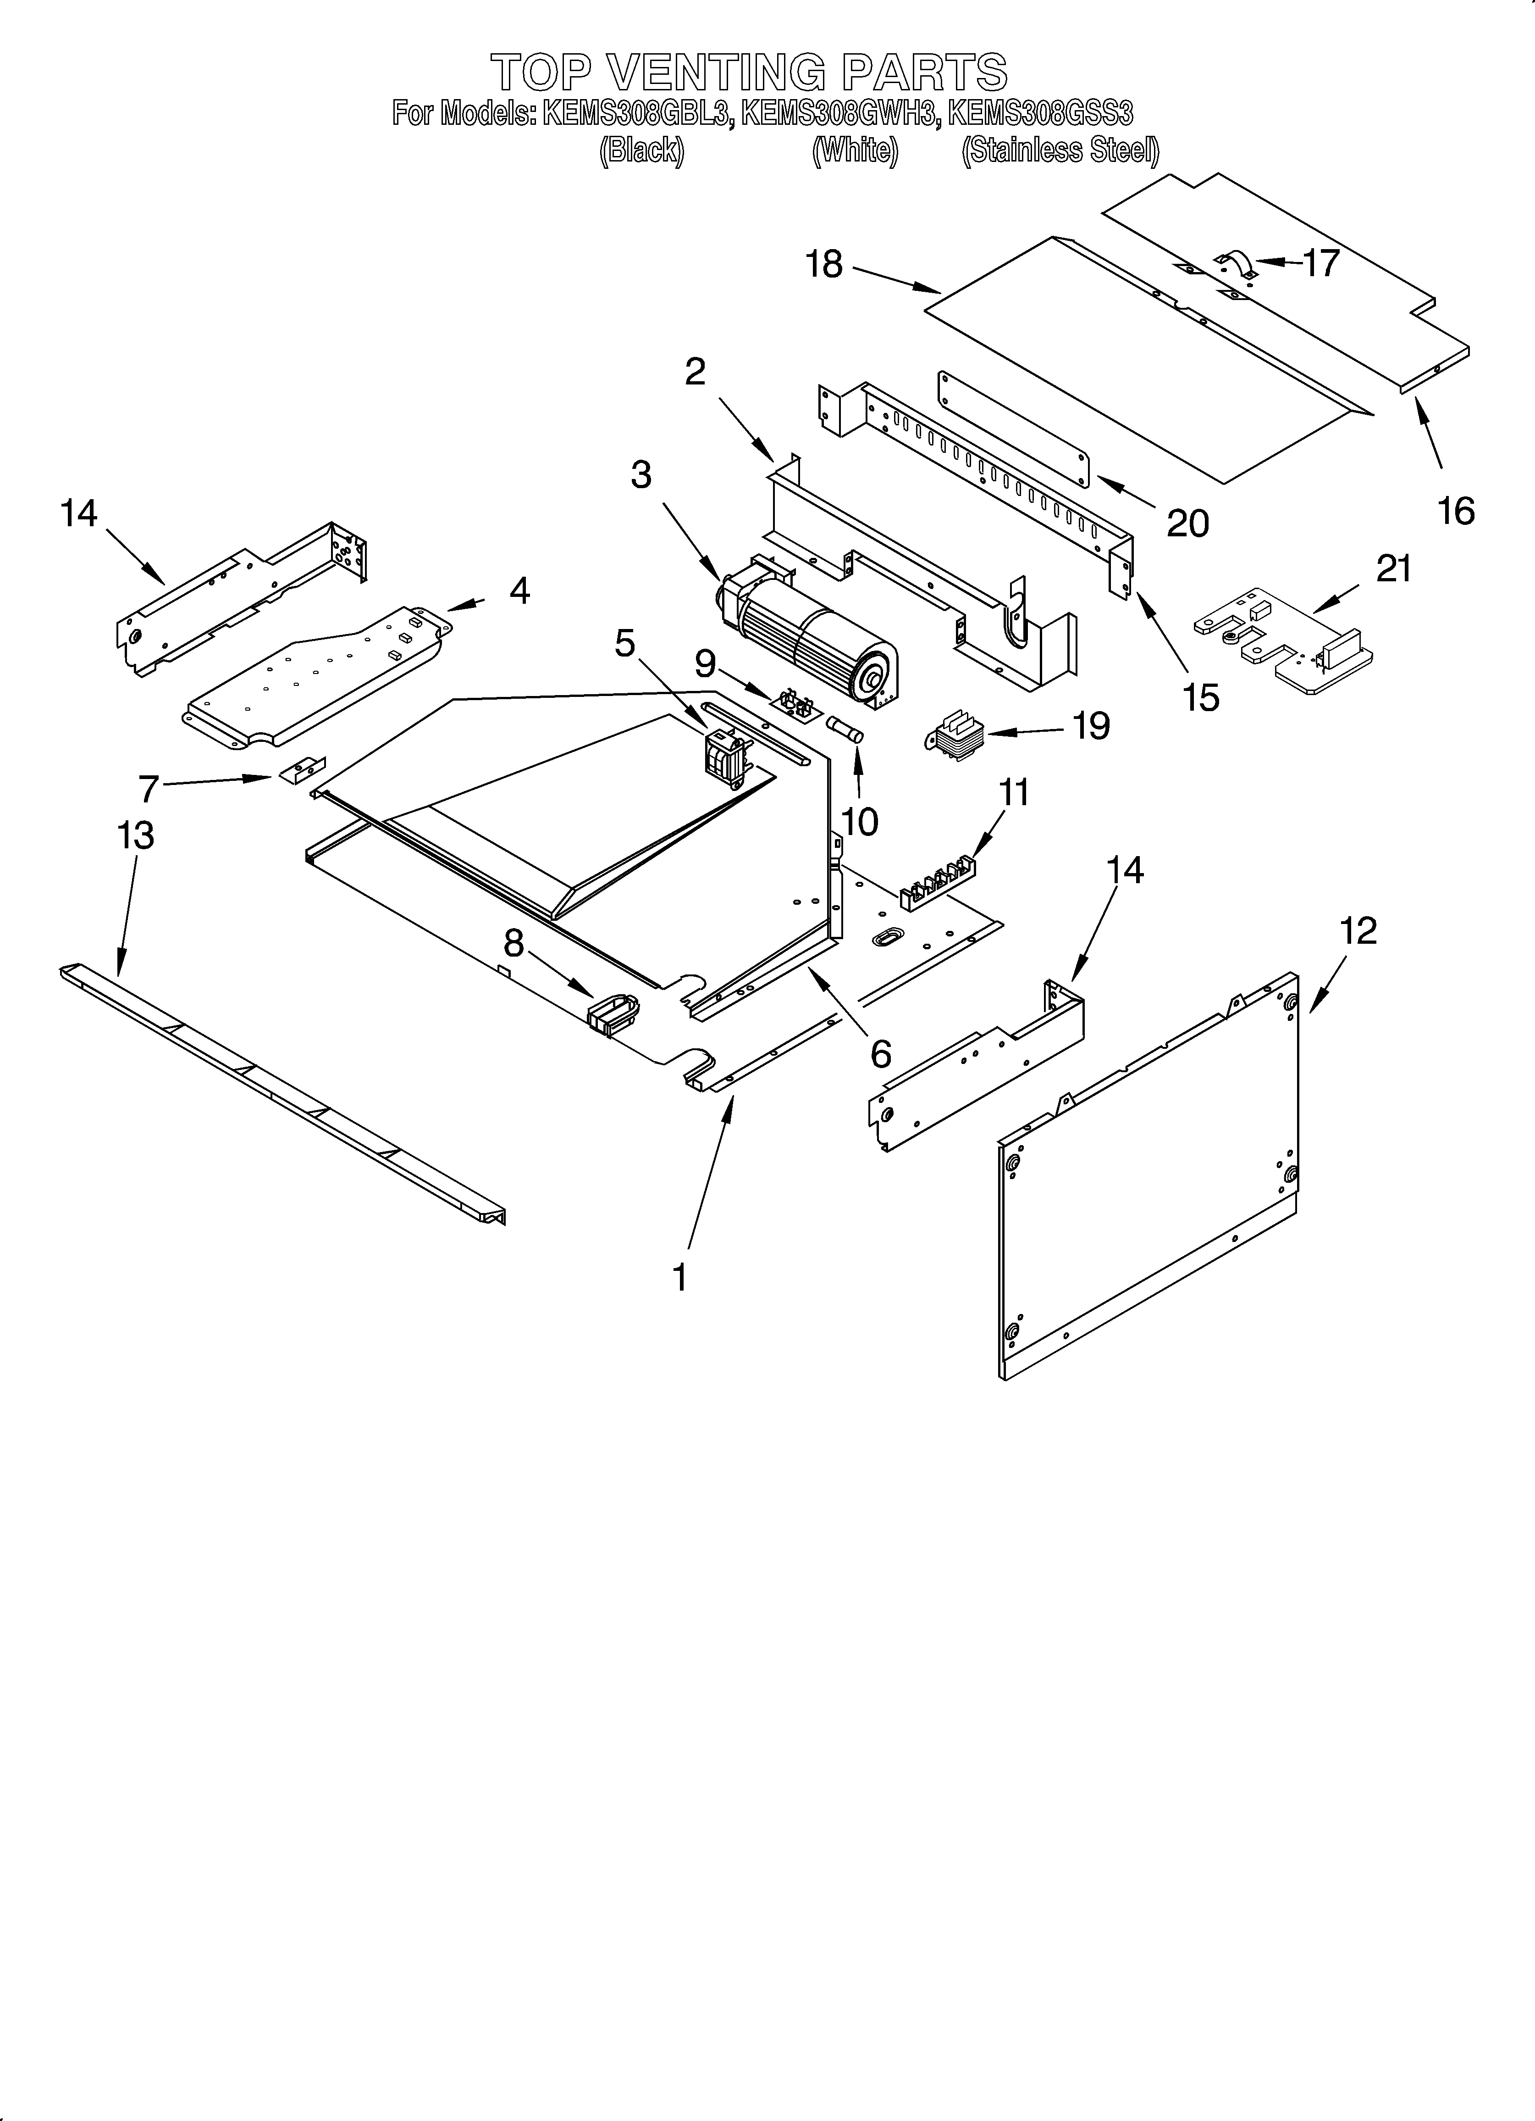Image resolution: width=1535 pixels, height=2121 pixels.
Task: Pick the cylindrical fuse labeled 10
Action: click(845, 729)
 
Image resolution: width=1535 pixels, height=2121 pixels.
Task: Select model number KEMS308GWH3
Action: click(839, 114)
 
